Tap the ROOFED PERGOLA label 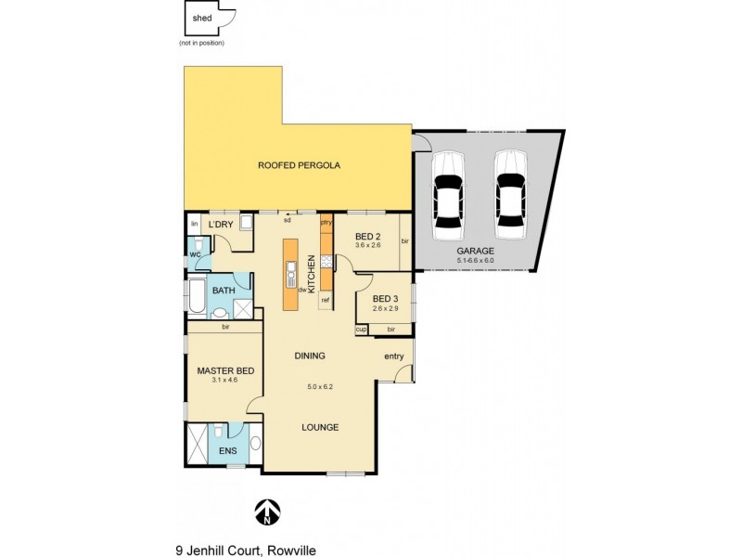point(299,165)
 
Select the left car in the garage point(447,189)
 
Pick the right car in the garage point(509,189)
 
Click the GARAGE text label point(475,251)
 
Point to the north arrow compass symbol point(267,510)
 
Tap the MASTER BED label point(224,371)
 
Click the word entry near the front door point(393,356)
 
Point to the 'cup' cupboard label point(361,330)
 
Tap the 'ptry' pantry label point(326,223)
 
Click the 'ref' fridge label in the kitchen point(326,300)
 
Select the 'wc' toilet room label point(196,253)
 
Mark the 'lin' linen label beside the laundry point(195,225)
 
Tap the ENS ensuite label point(227,451)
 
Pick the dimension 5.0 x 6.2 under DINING point(319,386)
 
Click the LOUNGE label point(319,427)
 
